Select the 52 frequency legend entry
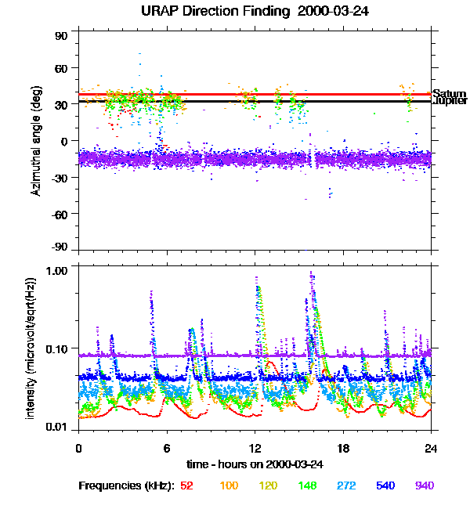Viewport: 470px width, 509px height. (x=186, y=486)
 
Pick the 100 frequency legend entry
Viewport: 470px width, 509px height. (x=229, y=486)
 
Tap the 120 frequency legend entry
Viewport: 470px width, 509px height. (x=269, y=486)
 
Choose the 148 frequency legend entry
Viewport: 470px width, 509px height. (x=308, y=486)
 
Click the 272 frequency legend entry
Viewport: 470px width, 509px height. (x=346, y=486)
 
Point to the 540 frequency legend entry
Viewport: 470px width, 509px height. (x=385, y=486)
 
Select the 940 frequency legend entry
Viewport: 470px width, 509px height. (x=424, y=486)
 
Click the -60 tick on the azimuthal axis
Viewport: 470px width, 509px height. (x=60, y=214)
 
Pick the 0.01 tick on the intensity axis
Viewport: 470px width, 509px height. (x=60, y=428)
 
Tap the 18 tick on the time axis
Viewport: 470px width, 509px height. (x=343, y=448)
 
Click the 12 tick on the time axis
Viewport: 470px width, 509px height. (x=255, y=448)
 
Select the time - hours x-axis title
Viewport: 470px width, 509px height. (x=255, y=464)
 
